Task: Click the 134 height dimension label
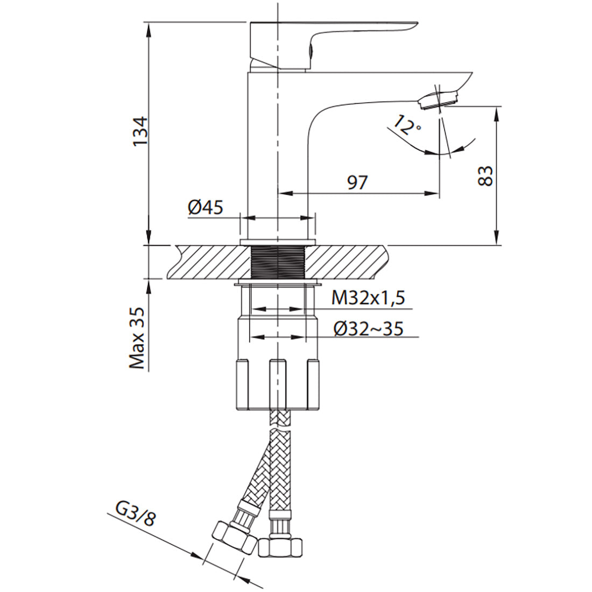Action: tap(140, 131)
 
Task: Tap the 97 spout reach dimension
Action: tap(357, 182)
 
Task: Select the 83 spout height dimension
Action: tap(485, 176)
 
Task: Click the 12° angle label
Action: tap(406, 125)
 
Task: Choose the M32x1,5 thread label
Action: tap(368, 298)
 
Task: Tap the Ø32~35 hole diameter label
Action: tap(368, 328)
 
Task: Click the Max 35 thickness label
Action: tap(137, 338)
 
